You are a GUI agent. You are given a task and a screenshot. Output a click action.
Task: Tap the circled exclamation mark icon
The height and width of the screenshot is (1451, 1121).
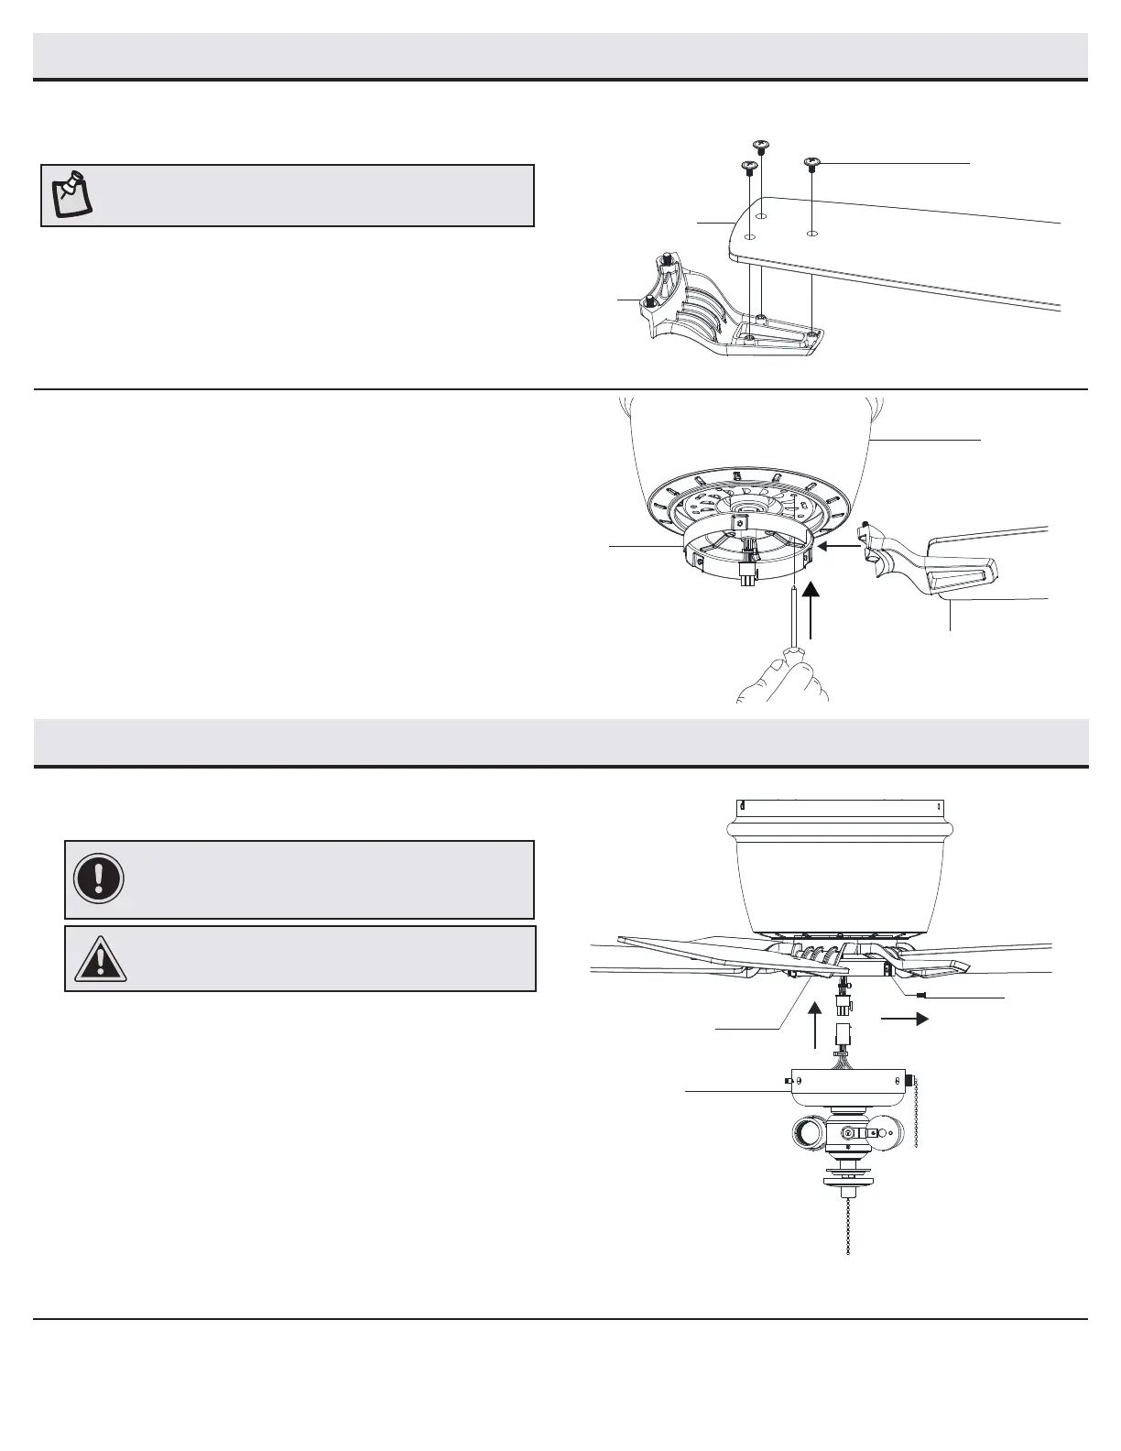[98, 878]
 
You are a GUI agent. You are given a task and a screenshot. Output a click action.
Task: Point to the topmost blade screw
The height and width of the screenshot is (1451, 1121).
[760, 144]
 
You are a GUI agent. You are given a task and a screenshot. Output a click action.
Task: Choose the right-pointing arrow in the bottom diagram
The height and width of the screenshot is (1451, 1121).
[905, 1018]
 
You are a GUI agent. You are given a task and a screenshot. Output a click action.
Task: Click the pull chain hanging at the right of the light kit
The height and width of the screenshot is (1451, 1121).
[915, 1118]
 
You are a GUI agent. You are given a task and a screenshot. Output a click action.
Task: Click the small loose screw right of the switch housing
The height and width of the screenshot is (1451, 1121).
[922, 996]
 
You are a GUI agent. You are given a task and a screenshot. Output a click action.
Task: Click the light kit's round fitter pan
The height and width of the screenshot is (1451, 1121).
[847, 1087]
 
